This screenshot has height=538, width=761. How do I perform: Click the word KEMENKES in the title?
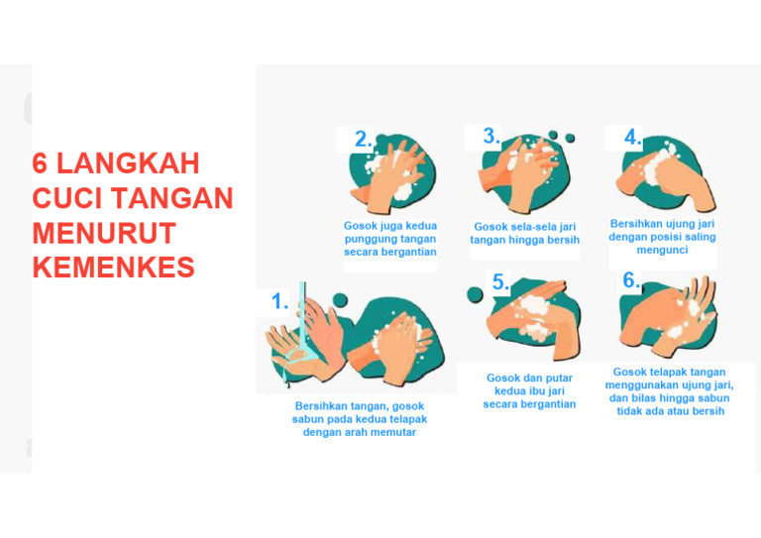tap(113, 268)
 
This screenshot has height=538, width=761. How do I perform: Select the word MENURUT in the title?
tap(104, 233)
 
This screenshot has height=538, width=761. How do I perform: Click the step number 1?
tap(280, 302)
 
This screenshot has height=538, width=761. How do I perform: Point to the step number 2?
tap(364, 140)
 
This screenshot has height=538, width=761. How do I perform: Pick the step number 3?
tap(491, 137)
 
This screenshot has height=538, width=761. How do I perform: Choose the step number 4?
tap(632, 138)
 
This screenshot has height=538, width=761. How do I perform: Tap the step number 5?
tap(500, 283)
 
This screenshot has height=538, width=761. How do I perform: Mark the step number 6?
tap(631, 280)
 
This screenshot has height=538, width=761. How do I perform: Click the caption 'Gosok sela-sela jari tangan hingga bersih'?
tap(524, 233)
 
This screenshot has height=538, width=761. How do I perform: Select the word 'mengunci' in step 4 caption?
tap(662, 251)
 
